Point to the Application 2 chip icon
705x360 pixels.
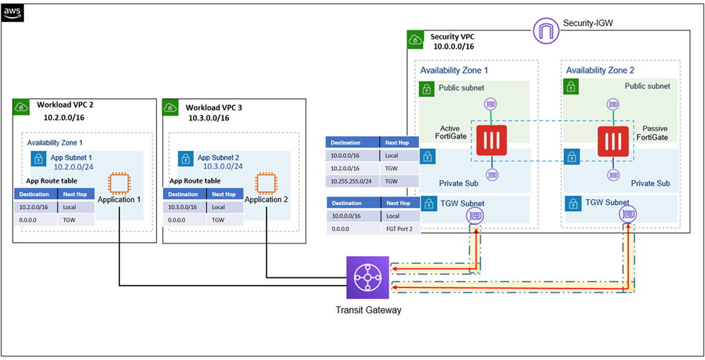coord(265,182)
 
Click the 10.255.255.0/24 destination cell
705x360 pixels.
coord(353,180)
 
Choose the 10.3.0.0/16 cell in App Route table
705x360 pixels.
coord(183,207)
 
